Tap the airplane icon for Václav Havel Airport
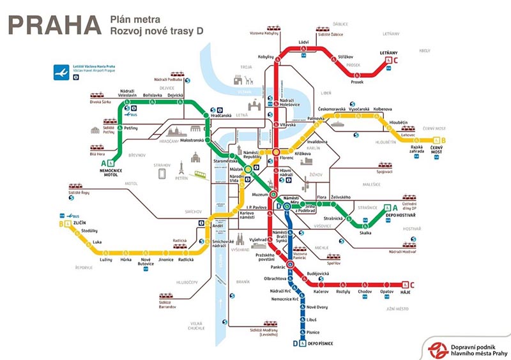click(x=63, y=73)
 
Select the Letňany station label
click(x=389, y=56)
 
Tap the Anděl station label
click(x=217, y=226)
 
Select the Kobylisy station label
click(x=265, y=57)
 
